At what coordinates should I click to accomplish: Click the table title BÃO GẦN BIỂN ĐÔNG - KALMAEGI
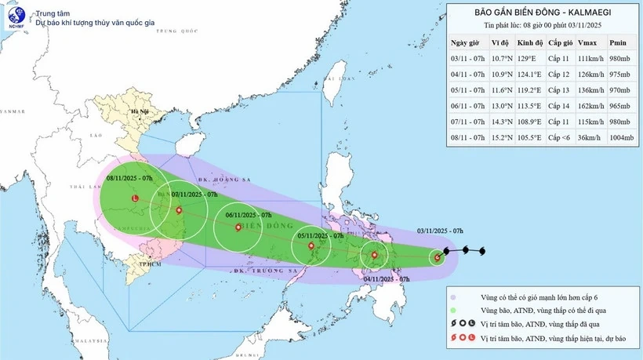coord(543,12)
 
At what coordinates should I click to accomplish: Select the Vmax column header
coord(586,42)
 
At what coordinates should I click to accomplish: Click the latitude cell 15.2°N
coord(499,145)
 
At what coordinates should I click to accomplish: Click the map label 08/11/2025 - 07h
coord(129,178)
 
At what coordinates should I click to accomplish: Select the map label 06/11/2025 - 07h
coord(248,214)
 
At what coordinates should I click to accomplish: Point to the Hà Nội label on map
coord(141,112)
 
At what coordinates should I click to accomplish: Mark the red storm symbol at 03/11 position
coord(437,256)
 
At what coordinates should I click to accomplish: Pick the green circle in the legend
coord(456,311)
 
